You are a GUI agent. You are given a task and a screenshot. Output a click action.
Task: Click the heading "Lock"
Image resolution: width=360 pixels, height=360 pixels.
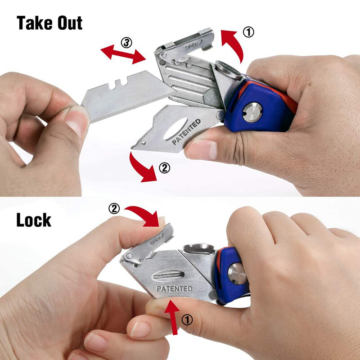coord(34,220)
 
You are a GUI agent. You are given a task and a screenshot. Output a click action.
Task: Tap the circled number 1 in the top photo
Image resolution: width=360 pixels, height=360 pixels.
coord(248,32)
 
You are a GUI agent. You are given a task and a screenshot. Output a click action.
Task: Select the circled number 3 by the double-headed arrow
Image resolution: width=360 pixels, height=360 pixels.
coord(126,43)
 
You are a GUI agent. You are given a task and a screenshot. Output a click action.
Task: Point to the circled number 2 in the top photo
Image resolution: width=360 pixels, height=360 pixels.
coord(164,168)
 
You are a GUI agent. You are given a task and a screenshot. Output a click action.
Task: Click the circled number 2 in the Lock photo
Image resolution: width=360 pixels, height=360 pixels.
coord(115,208)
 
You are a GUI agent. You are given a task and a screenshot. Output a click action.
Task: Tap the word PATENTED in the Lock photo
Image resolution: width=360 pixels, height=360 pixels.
coord(174,288)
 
